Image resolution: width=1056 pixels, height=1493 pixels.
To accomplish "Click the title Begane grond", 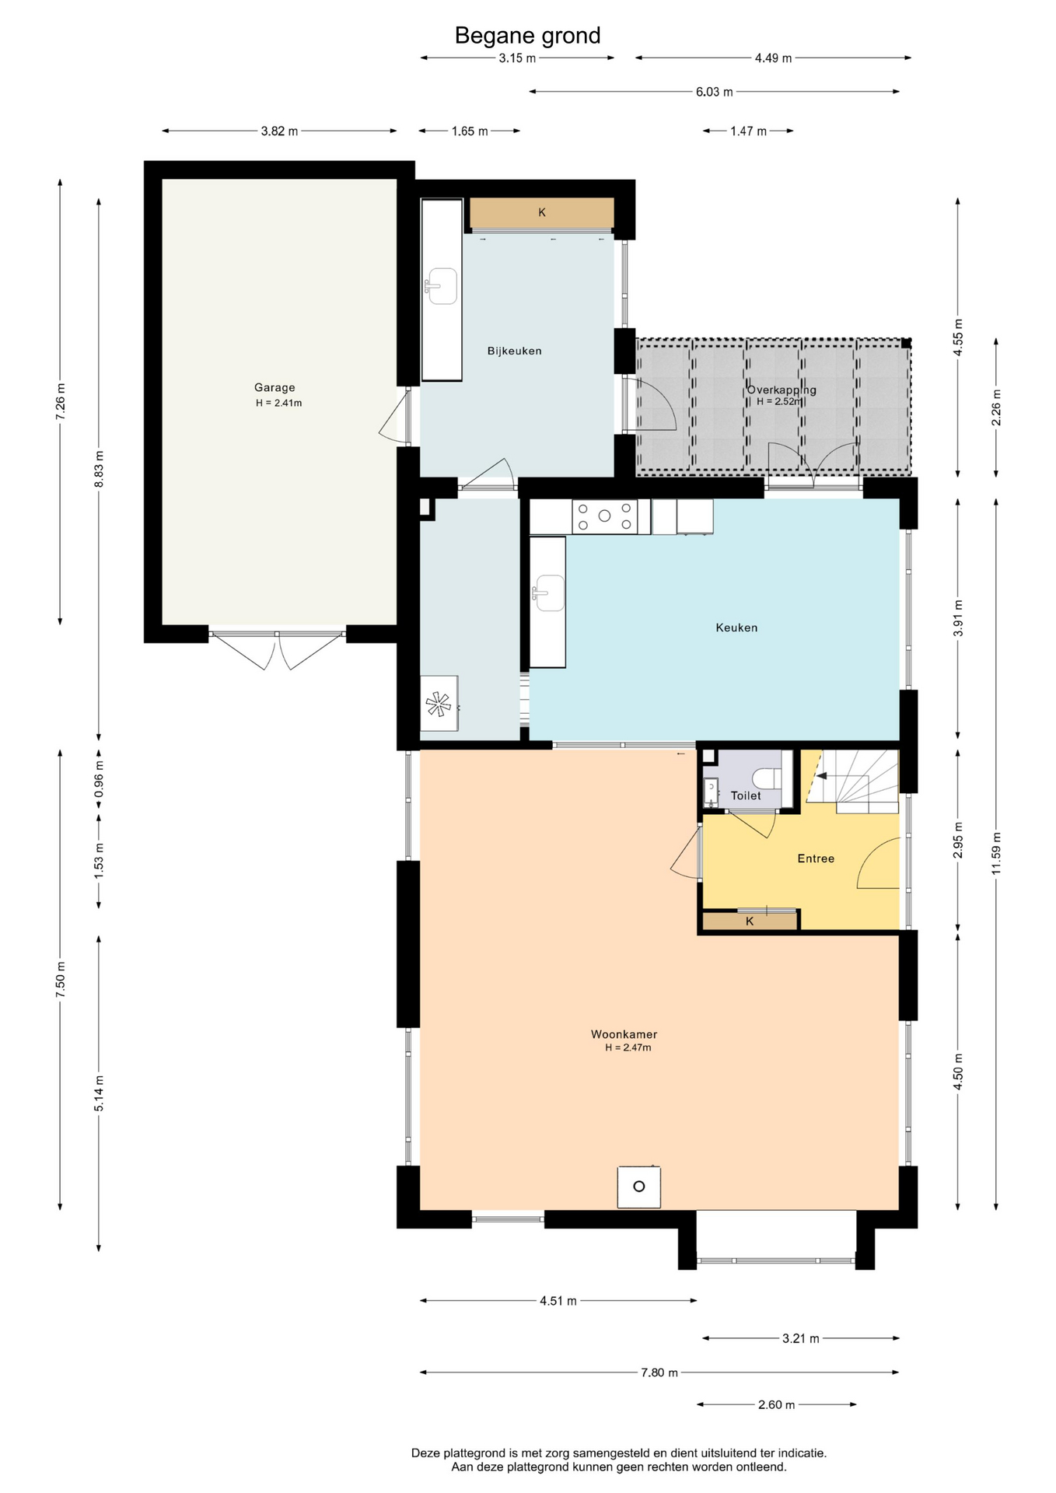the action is [527, 36].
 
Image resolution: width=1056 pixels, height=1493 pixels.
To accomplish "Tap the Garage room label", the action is [274, 387].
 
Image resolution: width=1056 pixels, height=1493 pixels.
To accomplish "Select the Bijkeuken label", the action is [514, 351].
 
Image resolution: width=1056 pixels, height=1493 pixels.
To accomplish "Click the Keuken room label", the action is [736, 628].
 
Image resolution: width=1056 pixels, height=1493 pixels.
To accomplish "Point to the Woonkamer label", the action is [624, 1034].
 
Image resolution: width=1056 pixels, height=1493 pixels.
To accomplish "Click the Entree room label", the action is [816, 858].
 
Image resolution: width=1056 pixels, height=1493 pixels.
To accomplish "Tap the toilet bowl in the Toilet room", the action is [767, 778].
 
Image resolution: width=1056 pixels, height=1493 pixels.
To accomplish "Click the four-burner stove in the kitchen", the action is [604, 516].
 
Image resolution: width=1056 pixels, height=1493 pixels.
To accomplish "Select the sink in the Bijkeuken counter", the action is [441, 286].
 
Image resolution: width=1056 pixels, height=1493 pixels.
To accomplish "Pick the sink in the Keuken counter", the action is [548, 593].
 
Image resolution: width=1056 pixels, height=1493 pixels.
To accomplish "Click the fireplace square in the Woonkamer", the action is [639, 1187].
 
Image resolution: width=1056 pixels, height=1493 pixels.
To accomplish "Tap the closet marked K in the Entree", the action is [750, 921].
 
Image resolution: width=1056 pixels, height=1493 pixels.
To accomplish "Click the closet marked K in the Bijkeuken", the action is [542, 212].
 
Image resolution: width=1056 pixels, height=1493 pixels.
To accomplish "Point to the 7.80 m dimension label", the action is [659, 1372].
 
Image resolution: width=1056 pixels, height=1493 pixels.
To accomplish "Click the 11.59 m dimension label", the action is [996, 853].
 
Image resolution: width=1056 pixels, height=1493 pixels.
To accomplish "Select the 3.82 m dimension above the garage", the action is [279, 131].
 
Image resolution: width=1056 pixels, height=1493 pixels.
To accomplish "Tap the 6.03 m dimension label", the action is [714, 92].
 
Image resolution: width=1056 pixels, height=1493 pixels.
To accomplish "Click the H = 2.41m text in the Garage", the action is [279, 403].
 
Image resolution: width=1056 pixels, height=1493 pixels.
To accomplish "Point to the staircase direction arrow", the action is [821, 776].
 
